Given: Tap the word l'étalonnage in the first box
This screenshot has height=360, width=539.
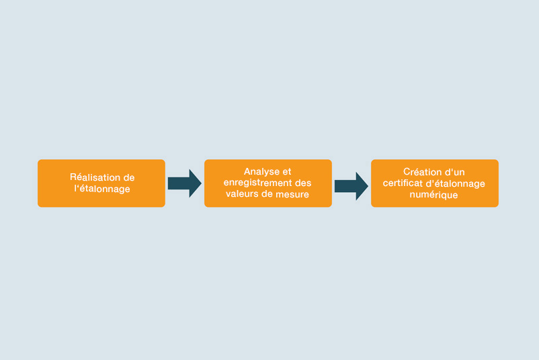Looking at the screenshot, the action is (x=102, y=189).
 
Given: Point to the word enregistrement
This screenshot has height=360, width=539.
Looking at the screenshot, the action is (x=258, y=183).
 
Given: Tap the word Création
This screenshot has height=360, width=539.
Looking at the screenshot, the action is (x=418, y=172).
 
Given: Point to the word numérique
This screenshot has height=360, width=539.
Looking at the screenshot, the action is (x=433, y=195).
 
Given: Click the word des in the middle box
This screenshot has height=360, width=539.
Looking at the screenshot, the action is (x=303, y=183).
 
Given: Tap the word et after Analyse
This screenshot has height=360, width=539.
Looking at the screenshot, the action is (x=286, y=172).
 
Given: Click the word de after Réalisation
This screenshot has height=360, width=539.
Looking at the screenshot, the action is (x=129, y=177).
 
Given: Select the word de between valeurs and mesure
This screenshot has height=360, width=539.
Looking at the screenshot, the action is (x=264, y=194).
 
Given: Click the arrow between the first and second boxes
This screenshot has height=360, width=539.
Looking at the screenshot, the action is (x=185, y=183).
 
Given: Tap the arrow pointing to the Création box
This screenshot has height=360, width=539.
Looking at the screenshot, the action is (x=351, y=186).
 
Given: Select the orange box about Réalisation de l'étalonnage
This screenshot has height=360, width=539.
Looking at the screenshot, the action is (x=101, y=183).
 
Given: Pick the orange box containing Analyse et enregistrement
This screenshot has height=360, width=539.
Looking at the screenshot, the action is (x=268, y=183).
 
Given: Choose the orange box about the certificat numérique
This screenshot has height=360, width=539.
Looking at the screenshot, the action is (x=435, y=183).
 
